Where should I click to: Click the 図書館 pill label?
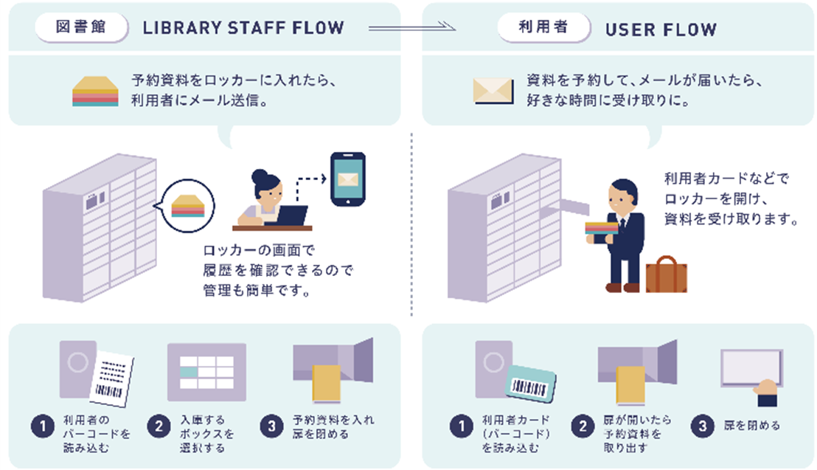coord(81,27)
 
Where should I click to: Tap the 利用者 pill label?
coord(543,27)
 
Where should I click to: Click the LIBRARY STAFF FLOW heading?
coord(243,28)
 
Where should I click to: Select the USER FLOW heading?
coord(661,30)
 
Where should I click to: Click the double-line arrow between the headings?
coord(411,27)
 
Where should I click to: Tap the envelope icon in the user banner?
coord(493,91)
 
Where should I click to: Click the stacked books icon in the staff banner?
coord(95,91)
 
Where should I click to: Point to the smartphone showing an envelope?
coord(348,179)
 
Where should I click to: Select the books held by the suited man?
coord(601,229)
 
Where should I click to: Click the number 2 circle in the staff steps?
coord(159,426)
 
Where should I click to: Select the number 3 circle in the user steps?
coord(703,426)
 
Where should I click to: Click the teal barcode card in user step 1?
coord(530,384)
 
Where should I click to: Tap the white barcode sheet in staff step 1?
coord(111,379)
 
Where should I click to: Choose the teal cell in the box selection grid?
coord(189,373)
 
